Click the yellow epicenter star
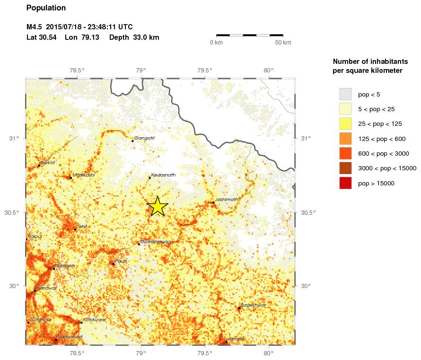click(x=158, y=206)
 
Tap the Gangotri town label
click(x=144, y=138)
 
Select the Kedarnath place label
click(x=163, y=175)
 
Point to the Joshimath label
click(x=227, y=200)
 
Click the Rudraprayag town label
click(x=156, y=242)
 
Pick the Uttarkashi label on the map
click(x=83, y=175)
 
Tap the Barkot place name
click(x=48, y=163)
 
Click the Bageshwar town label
click(x=253, y=305)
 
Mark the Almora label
click(x=236, y=339)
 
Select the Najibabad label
click(x=70, y=337)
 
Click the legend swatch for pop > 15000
click(x=345, y=183)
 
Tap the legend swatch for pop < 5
click(x=345, y=94)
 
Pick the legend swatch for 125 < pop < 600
click(x=345, y=139)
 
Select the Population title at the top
click(x=46, y=8)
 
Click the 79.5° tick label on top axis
click(x=204, y=71)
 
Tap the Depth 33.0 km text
click(x=134, y=37)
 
